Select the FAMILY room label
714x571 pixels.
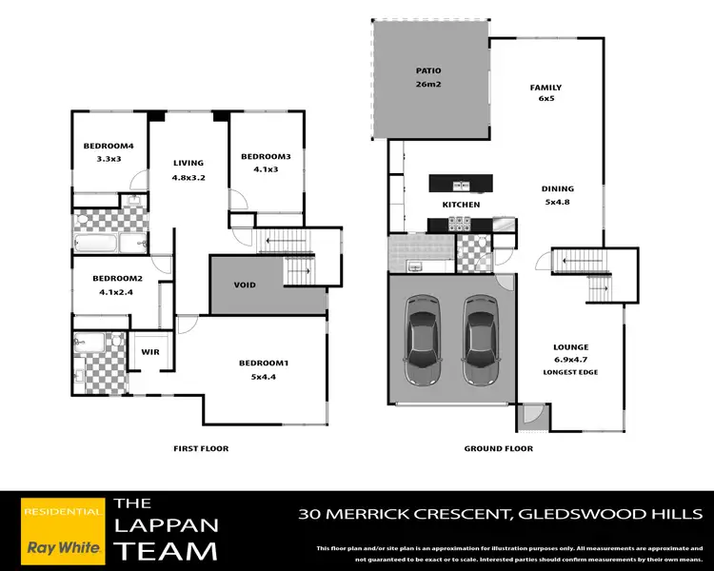tap(545, 88)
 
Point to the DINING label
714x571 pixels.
tap(558, 188)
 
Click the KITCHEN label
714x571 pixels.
tap(460, 205)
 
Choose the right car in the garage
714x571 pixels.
tap(480, 336)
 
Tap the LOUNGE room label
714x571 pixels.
tap(571, 347)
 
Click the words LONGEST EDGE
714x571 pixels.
tap(571, 371)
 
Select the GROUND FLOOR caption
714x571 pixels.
tap(498, 448)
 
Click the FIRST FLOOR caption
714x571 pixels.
tap(200, 448)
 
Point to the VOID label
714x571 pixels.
tap(245, 285)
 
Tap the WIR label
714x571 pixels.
tap(149, 352)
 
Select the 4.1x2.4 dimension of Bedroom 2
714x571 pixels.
tap(118, 291)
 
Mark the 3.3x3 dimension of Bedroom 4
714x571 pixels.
tap(108, 159)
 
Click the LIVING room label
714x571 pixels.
tap(188, 164)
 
